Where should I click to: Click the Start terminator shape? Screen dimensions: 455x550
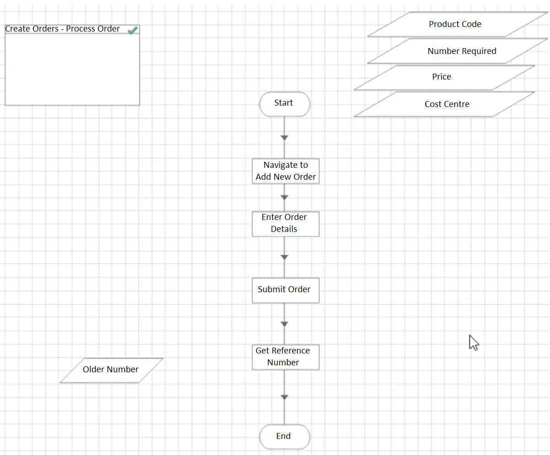[284, 104]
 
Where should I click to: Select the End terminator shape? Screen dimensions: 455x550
[284, 437]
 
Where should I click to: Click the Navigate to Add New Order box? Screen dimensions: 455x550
[285, 171]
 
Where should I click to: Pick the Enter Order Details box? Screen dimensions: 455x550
[285, 224]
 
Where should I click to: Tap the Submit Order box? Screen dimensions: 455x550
[285, 290]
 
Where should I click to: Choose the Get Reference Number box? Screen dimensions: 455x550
[285, 357]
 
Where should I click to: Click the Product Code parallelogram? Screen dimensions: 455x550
[455, 24]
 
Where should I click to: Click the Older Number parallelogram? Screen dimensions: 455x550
[111, 370]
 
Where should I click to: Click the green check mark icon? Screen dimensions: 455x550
[133, 30]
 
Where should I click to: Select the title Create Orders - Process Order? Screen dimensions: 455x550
[62, 29]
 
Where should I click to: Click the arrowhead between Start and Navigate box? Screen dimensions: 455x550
[284, 138]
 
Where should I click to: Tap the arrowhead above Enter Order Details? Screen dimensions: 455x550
[284, 198]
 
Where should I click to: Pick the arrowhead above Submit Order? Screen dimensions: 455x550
[284, 257]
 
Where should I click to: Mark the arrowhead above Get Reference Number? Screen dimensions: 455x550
[284, 324]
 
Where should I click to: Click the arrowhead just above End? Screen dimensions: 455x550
[284, 397]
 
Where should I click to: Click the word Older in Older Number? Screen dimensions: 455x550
[94, 369]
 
